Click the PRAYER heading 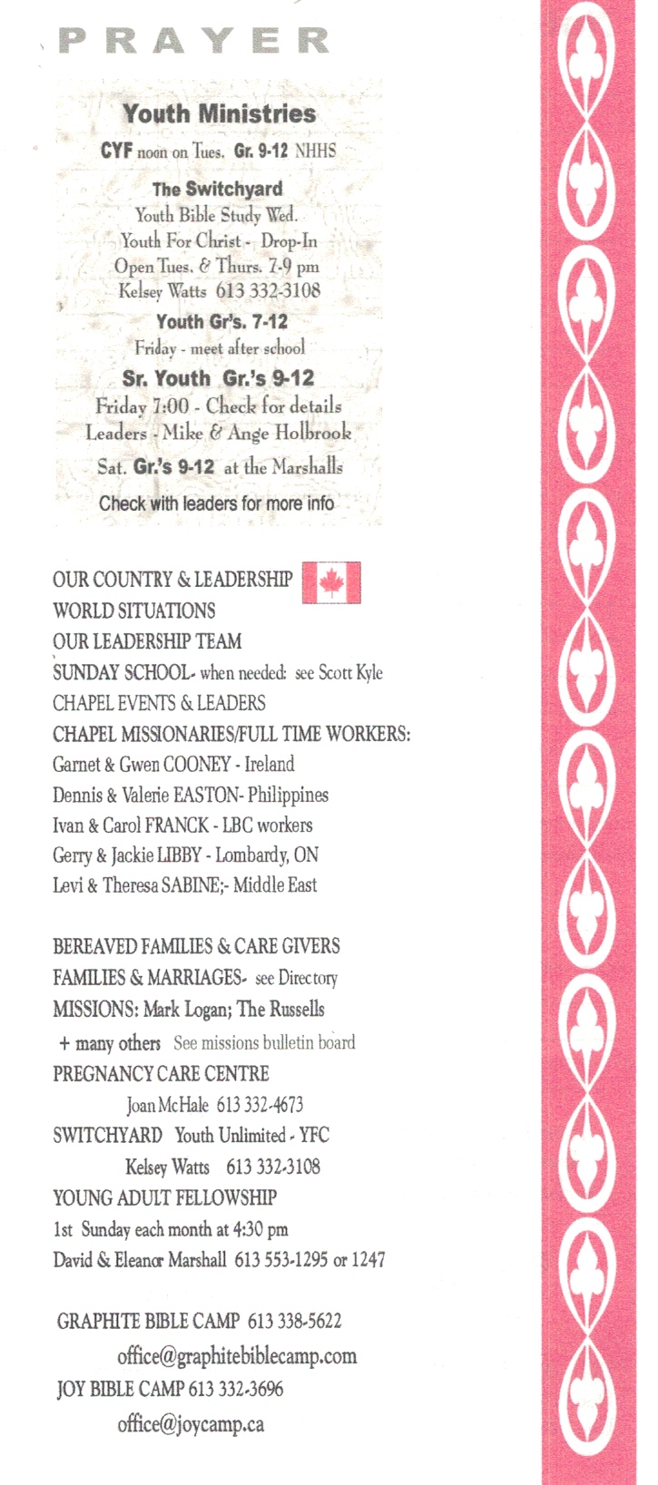[x=193, y=41]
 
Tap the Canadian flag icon [x=330, y=582]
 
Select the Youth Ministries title [x=220, y=113]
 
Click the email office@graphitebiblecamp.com [x=237, y=1356]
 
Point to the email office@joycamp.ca [x=191, y=1423]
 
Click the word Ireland [x=270, y=764]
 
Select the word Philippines [x=288, y=795]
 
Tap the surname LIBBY [x=178, y=855]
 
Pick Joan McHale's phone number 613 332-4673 [x=260, y=1105]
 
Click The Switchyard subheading [x=217, y=189]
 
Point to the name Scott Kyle [x=350, y=673]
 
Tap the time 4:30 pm [x=260, y=1230]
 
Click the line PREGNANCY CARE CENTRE [x=161, y=1074]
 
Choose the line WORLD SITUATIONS [x=134, y=611]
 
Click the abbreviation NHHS [x=315, y=151]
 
